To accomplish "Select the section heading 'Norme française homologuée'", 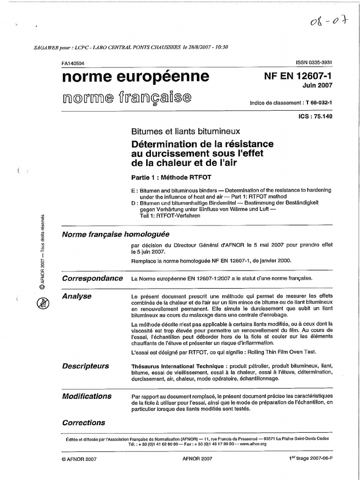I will pyautogui.click(x=116, y=234).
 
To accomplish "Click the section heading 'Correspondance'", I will pyautogui.click(x=92, y=278).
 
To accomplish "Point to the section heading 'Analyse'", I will pyautogui.click(x=77, y=296).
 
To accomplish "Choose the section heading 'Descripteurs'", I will pyautogui.click(x=85, y=366).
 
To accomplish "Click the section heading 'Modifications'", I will pyautogui.click(x=87, y=396).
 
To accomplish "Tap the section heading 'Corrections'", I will pyautogui.click(x=83, y=422).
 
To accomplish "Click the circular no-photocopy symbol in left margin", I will pyautogui.click(x=41, y=303).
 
